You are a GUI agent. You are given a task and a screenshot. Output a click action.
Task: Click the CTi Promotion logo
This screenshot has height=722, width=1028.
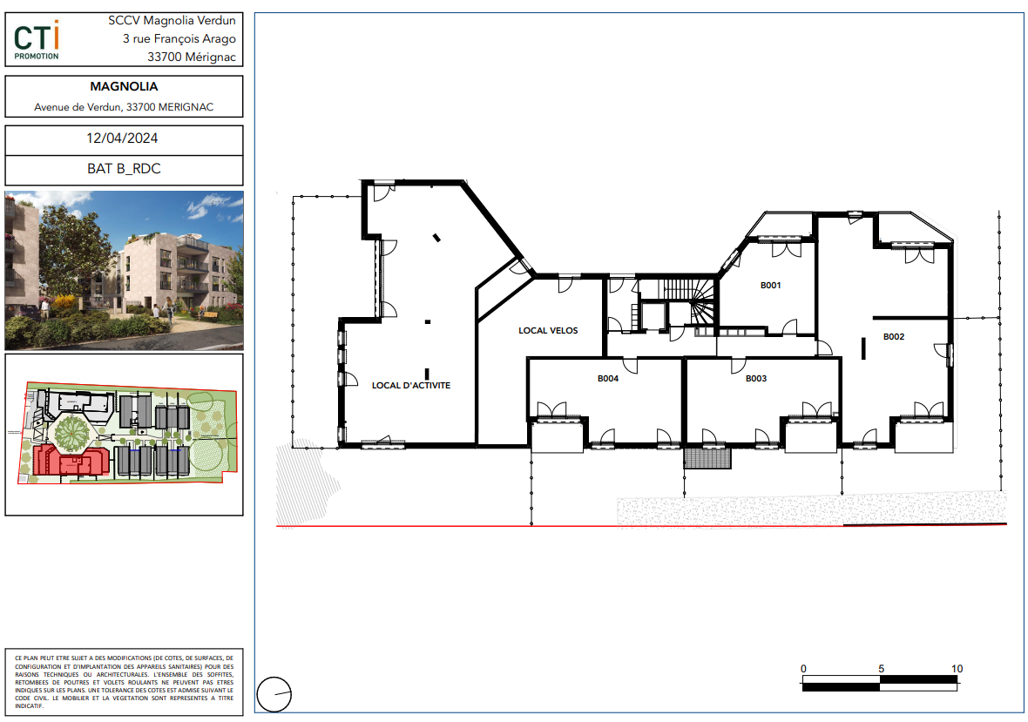pos(37,40)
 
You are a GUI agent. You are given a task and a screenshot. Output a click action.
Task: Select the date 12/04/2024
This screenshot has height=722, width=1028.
pos(122,138)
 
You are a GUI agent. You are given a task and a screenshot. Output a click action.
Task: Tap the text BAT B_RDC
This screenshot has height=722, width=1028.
pos(124,168)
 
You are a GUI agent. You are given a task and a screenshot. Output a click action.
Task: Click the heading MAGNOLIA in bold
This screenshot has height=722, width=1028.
pos(124,86)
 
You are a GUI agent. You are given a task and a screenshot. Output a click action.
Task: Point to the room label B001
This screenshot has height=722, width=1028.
pos(770,285)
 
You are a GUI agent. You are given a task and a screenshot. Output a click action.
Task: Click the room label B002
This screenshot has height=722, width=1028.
pos(894,337)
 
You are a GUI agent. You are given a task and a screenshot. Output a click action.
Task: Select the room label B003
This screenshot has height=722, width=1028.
pos(756,379)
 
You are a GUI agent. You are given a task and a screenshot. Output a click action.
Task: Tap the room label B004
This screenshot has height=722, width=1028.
pos(608,379)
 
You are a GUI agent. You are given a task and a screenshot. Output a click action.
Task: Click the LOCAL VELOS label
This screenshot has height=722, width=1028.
pos(548,331)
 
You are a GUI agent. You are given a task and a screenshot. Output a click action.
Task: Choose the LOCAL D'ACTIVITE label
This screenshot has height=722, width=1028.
pos(411,385)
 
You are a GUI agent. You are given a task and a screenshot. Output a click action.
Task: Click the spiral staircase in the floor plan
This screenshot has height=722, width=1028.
pos(701,301)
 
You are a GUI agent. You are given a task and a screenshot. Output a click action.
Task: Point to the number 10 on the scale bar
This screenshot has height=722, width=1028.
pos(957,669)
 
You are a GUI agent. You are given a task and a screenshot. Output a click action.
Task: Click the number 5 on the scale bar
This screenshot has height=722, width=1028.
pos(881,669)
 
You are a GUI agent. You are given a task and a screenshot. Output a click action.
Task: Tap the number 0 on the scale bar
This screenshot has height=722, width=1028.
pos(804,669)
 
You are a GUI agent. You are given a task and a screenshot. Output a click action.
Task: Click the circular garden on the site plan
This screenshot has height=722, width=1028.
pos(73,432)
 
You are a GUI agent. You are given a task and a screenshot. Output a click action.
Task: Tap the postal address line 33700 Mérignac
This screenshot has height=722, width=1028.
pos(192,57)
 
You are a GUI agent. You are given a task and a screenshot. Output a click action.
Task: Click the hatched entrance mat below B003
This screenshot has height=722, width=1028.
pos(707,457)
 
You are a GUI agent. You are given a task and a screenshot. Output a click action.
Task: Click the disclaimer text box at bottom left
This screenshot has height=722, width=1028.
pos(124,682)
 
